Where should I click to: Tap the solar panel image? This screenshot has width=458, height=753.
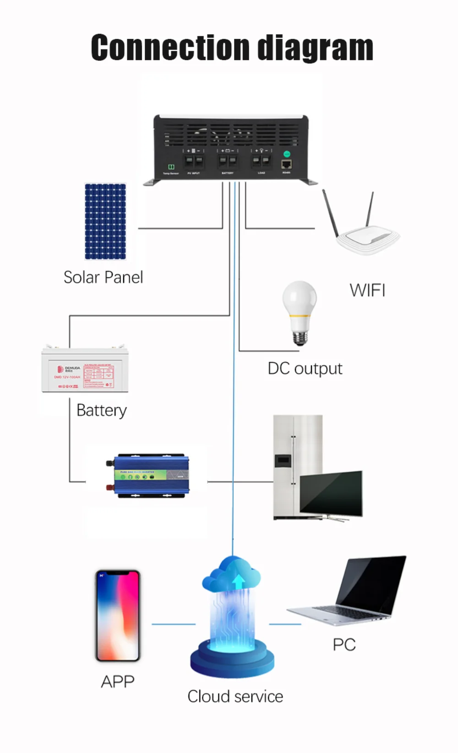pos(105,221)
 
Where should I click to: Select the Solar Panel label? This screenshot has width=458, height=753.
pos(103,277)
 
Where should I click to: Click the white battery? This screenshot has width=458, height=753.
pos(85,369)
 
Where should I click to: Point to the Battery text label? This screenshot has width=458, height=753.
pos(101,410)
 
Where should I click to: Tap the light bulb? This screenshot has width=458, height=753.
pos(300,311)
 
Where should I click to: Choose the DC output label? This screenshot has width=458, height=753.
pos(305,369)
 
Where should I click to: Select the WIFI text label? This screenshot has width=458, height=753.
pos(367,290)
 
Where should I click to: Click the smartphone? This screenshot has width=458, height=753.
pos(118,615)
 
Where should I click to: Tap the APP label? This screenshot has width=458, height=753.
pos(118,682)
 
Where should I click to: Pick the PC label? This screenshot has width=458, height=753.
pos(344,645)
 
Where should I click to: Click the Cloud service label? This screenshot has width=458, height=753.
pos(235,697)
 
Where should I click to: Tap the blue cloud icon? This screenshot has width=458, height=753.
pos(232,574)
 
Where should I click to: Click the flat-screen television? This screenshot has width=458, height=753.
pos(331,495)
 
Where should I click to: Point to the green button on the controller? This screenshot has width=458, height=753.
pos(287,154)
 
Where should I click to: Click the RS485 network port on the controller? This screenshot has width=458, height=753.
pos(286,164)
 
